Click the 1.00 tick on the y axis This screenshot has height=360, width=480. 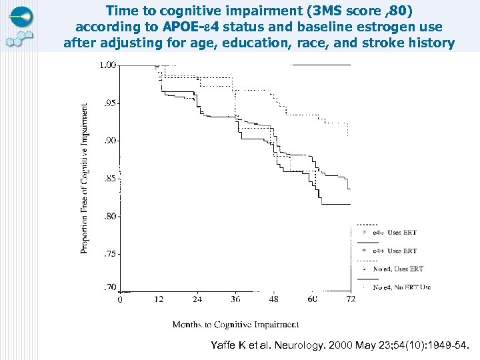tap(107, 65)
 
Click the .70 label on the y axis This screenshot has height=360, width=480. tap(109, 287)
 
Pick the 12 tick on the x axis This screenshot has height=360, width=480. tap(159, 299)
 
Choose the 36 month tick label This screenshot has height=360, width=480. tap(235, 299)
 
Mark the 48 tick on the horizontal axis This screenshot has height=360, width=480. tap(274, 299)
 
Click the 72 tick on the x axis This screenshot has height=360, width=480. tap(350, 299)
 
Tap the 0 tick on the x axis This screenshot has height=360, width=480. tap(120, 299)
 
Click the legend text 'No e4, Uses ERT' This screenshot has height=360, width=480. tap(398, 269)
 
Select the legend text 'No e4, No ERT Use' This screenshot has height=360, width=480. tap(401, 287)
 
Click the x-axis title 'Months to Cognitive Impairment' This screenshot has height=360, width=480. tap(235, 325)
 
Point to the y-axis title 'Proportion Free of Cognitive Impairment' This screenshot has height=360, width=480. tap(85, 178)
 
